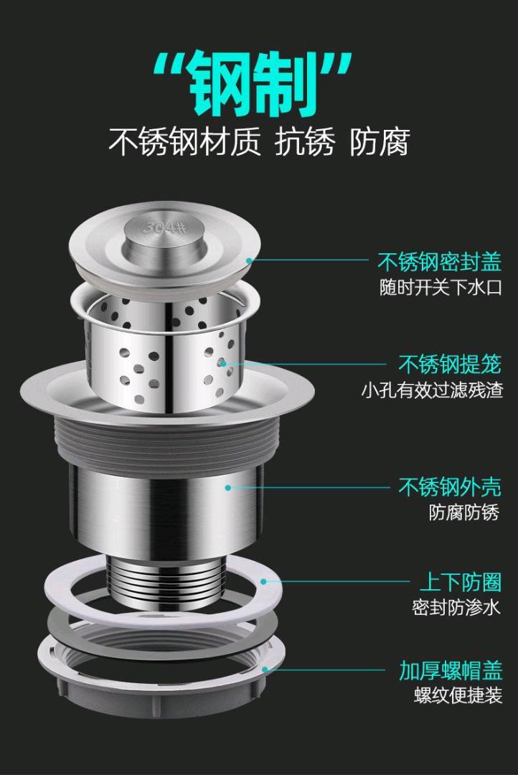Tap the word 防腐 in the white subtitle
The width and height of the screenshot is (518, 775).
pos(380,142)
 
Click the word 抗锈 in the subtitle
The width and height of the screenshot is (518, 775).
pos(305,142)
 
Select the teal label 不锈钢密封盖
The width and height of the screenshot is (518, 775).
pos(439,261)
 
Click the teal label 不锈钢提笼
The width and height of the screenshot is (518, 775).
pos(450,365)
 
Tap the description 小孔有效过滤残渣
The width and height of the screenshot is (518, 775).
pos(432,390)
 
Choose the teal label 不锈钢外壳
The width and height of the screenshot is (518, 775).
pos(450,487)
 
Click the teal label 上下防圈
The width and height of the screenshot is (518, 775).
pos(461,582)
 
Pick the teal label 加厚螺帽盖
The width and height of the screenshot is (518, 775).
pos(451,671)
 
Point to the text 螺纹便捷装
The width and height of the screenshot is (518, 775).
pos(458,695)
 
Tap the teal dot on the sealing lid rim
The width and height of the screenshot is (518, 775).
pos(250,260)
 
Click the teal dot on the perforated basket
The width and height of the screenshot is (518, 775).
pos(223,364)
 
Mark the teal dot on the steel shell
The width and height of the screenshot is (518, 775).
pos(228,487)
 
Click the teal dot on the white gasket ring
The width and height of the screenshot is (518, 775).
pos(263,582)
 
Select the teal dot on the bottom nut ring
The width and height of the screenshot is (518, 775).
pos(265,670)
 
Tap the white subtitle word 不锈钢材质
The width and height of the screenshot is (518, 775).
pos(184,142)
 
